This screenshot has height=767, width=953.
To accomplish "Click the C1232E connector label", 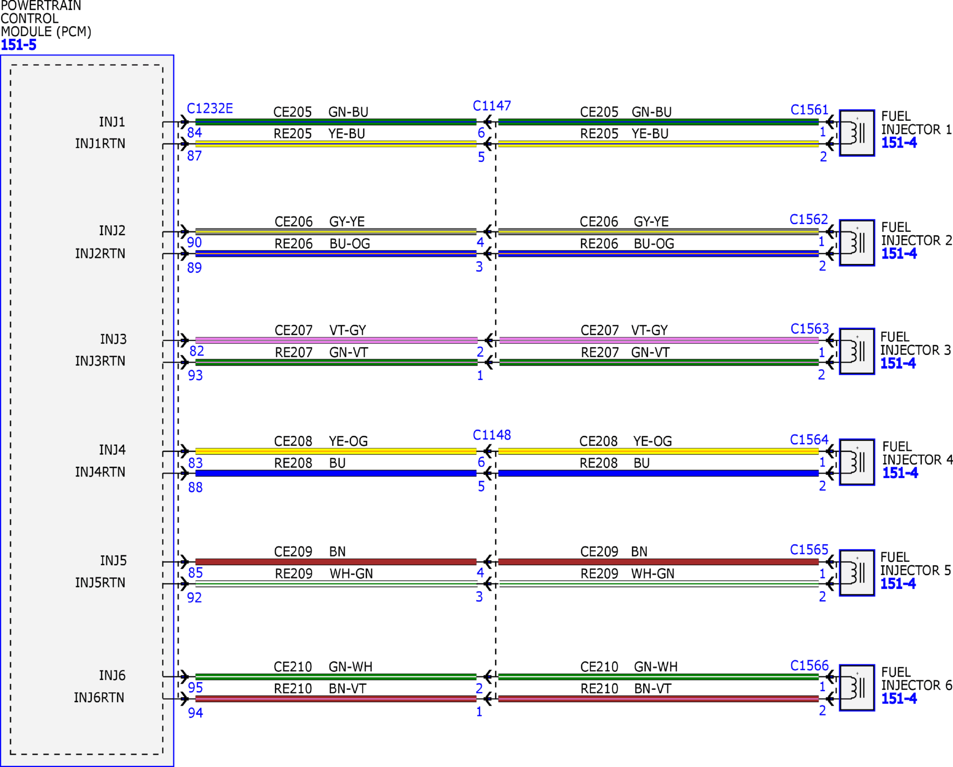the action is (210, 108).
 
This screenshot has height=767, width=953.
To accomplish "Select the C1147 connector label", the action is (492, 106).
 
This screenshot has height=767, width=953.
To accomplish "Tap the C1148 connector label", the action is (492, 435).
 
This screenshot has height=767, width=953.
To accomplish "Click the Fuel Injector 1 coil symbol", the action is (857, 133).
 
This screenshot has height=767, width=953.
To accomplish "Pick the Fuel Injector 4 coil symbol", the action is (857, 462).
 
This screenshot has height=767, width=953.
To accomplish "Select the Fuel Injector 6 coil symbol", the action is (857, 688).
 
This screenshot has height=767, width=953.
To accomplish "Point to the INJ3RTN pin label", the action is (100, 361).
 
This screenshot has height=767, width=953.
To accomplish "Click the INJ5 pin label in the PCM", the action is (113, 561).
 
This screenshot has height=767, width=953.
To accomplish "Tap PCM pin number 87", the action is (194, 156).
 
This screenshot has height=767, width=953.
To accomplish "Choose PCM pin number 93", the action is (195, 375).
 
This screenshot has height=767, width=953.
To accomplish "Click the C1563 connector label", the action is (809, 329).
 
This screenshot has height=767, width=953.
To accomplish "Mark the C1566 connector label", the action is (809, 665).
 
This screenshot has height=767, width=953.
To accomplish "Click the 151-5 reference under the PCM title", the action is (18, 45).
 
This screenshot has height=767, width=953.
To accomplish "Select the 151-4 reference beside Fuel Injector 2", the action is (899, 253).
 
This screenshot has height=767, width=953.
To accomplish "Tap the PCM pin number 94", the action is (195, 712).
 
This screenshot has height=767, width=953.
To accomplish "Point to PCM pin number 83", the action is (195, 463).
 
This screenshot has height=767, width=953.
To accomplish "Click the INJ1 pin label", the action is (112, 122).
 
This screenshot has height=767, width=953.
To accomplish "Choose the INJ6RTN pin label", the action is (99, 698).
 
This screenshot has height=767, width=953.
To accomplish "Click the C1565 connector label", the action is (809, 549).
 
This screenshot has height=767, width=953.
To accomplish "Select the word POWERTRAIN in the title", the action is (41, 6).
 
